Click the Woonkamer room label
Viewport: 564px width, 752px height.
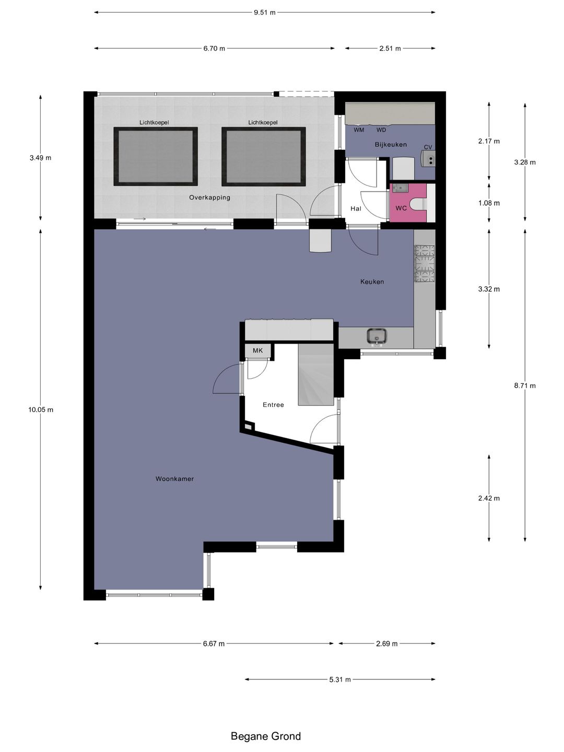(174, 479)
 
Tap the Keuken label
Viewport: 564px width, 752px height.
(372, 281)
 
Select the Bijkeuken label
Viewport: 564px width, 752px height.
(391, 145)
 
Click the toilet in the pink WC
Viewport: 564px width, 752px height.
(420, 203)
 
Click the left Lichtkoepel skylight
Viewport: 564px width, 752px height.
(156, 157)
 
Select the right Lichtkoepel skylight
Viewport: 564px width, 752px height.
(264, 157)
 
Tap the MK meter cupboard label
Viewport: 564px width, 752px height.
(258, 350)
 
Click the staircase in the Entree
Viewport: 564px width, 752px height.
(316, 374)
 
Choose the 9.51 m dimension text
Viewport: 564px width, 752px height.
(264, 13)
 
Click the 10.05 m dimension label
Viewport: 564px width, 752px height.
(41, 410)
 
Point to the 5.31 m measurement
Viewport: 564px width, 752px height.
(340, 679)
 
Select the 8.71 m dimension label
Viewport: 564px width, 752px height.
(525, 386)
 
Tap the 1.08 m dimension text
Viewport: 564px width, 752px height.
(489, 203)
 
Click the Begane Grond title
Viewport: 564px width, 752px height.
(266, 736)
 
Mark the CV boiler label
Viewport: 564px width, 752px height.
(428, 147)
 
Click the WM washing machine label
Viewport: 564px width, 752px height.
(359, 130)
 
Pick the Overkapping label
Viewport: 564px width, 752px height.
(209, 197)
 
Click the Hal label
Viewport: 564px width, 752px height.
(356, 208)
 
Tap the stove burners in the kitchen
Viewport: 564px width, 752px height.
(425, 263)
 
